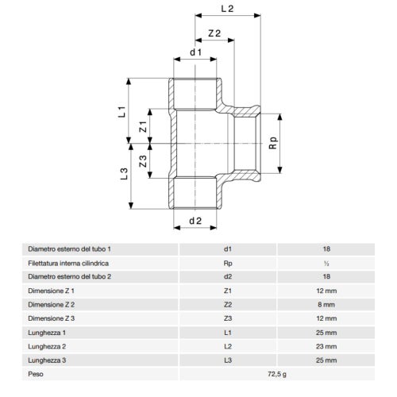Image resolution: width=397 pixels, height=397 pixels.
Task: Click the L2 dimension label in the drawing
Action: pyautogui.click(x=227, y=9)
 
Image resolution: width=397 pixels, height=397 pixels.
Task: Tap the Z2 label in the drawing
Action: pyautogui.click(x=214, y=33)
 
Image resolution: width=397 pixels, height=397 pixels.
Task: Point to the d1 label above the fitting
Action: pyautogui.click(x=196, y=52)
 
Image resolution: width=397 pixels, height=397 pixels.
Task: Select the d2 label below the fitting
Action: pyautogui.click(x=195, y=221)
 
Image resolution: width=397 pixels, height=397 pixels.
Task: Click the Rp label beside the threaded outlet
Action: pyautogui.click(x=274, y=143)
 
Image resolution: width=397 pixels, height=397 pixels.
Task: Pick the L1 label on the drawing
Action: pyautogui.click(x=121, y=111)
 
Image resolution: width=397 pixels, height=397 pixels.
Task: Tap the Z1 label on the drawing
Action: pyautogui.click(x=143, y=126)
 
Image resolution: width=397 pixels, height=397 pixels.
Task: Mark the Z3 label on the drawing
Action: pyautogui.click(x=143, y=161)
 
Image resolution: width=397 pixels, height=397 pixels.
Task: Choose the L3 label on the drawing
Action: pyautogui.click(x=124, y=174)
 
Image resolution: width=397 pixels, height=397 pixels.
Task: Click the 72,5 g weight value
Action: pyautogui.click(x=277, y=374)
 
